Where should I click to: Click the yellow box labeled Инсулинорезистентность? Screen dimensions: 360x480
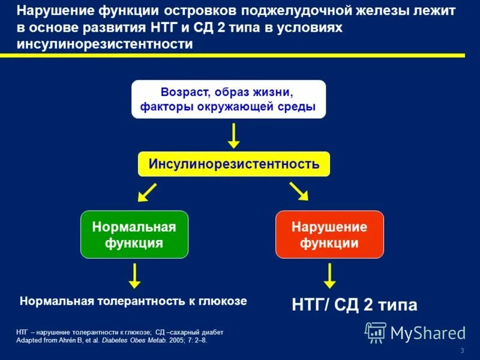coord(233,164)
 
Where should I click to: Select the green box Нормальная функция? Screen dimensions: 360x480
coord(134,235)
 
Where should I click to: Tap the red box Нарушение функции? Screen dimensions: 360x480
coord(329,235)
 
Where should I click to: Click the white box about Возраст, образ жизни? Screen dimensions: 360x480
coord(228,100)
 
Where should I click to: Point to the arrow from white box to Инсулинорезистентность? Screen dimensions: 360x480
coord(233,136)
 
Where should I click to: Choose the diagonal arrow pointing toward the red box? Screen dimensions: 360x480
coord(298,191)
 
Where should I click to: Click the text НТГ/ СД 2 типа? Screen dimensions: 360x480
coord(354,305)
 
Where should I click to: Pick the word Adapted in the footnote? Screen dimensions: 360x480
coord(29,340)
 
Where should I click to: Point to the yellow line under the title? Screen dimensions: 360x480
coord(240,55)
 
